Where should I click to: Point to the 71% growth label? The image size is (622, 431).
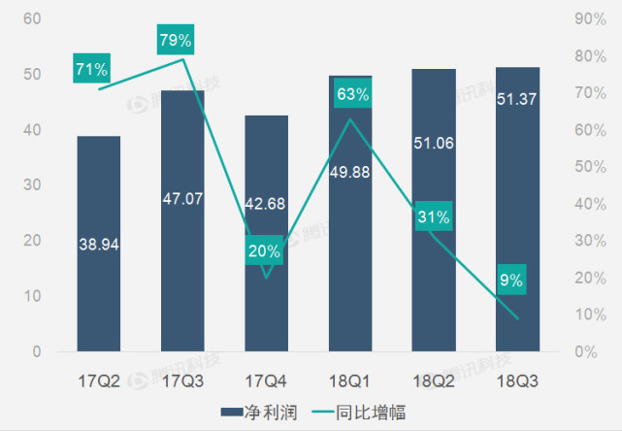point(92,70)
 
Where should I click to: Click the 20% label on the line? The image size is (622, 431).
point(264,250)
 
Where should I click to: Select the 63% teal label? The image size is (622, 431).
point(350,94)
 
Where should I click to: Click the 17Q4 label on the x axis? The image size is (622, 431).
point(266,381)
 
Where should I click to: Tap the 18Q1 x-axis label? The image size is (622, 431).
point(350,381)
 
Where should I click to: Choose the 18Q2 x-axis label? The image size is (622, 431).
point(434,381)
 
